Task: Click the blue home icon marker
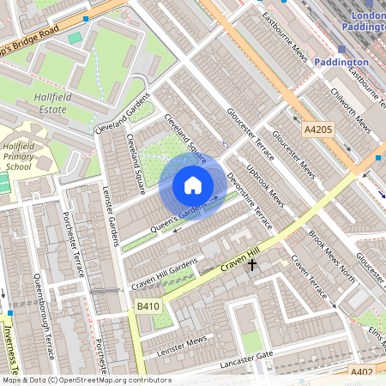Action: pyautogui.click(x=193, y=184)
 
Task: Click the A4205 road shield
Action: pyautogui.click(x=318, y=130)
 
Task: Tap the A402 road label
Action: pyautogui.click(x=362, y=371)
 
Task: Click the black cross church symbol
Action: pyautogui.click(x=252, y=266)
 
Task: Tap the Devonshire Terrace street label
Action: pyautogui.click(x=250, y=201)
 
